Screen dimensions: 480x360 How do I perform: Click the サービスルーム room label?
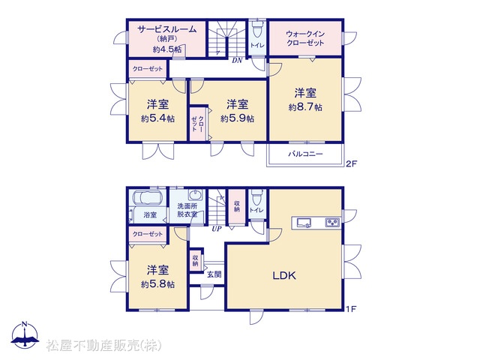[166, 29]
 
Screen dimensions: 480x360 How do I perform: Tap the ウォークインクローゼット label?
[305, 38]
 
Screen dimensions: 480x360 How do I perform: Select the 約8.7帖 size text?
[305, 107]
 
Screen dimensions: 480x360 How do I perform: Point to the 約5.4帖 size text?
[157, 118]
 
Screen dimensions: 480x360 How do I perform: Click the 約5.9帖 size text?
[237, 118]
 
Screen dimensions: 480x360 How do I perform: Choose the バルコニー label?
[305, 154]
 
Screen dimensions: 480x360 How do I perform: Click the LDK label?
[284, 275]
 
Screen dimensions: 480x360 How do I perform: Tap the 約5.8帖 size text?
[157, 284]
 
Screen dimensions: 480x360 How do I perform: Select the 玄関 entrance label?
[214, 274]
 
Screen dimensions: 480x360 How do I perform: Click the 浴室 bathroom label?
[150, 215]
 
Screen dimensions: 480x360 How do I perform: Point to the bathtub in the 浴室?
[148, 197]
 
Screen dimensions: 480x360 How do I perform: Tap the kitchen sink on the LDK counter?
[303, 222]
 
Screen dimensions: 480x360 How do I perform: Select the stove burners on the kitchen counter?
[332, 222]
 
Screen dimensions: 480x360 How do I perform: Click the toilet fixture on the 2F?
[256, 28]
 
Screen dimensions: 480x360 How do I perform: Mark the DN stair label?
[237, 61]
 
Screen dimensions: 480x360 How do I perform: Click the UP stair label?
[217, 229]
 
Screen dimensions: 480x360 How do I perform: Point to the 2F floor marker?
[351, 163]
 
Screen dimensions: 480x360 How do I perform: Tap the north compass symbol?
[25, 335]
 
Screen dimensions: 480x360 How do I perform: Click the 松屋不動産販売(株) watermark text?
[103, 346]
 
